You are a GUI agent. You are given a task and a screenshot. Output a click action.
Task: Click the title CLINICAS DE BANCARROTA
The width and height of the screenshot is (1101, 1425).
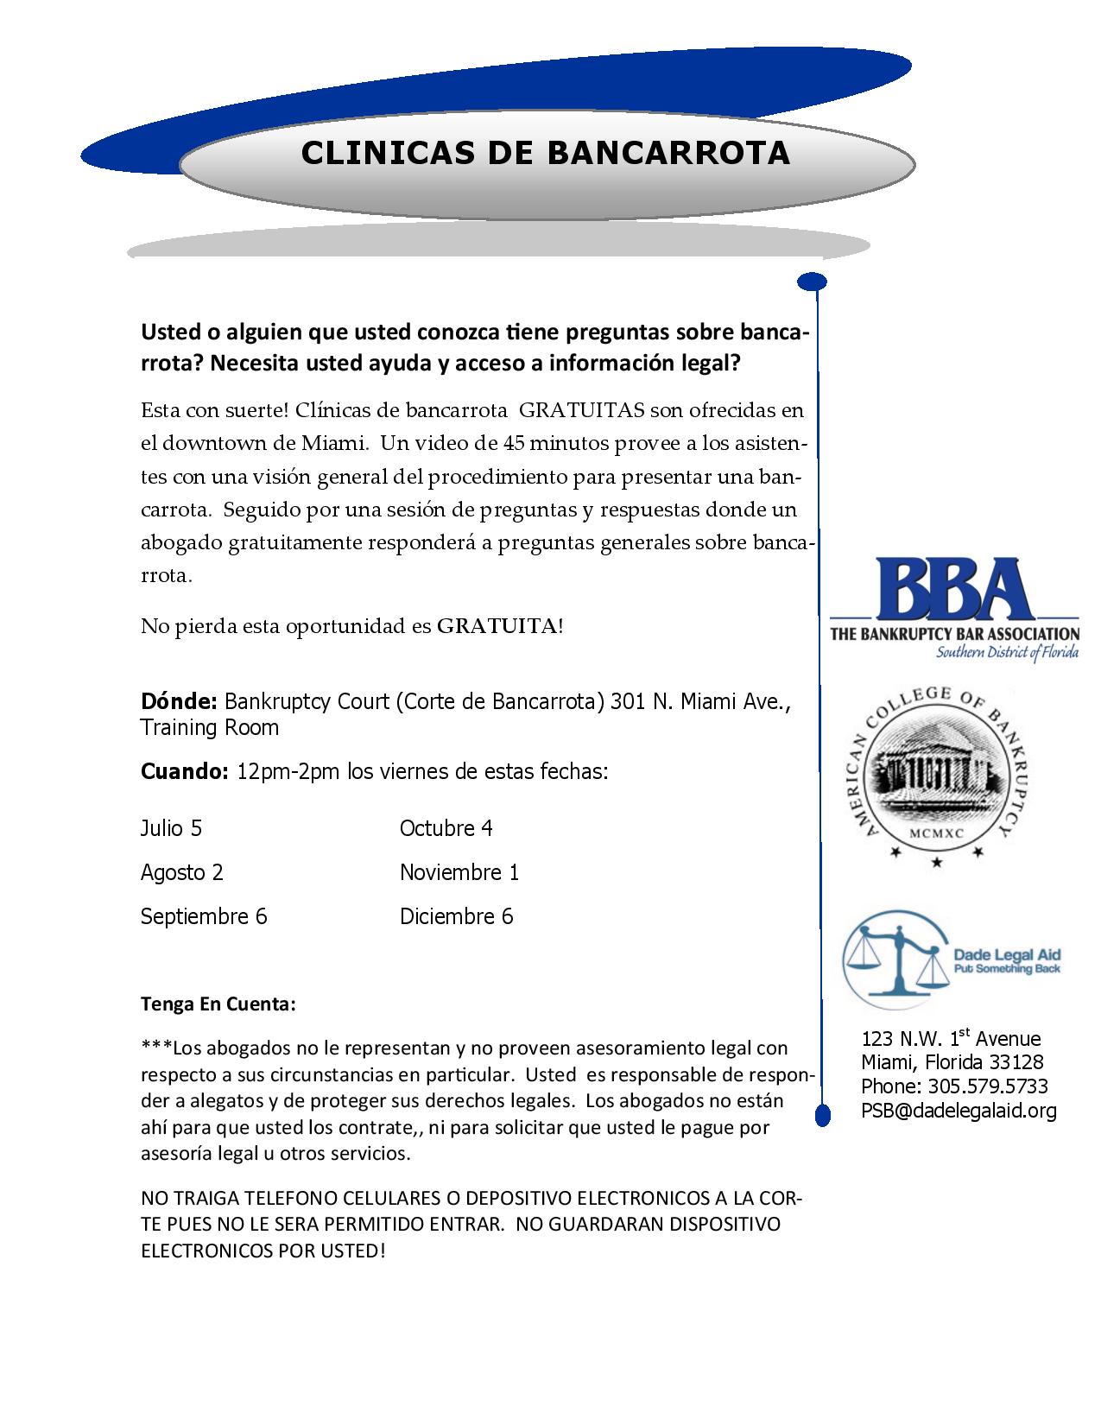coord(546,153)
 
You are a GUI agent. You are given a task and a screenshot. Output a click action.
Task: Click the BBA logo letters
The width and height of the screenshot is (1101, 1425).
coord(954,589)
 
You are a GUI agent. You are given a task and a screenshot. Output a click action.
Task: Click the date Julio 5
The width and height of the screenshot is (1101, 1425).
coord(171,828)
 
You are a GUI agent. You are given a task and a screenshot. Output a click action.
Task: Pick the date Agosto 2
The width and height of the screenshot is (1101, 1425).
coord(181,872)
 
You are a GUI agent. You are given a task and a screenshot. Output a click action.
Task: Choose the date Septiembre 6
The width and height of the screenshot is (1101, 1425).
coord(204,916)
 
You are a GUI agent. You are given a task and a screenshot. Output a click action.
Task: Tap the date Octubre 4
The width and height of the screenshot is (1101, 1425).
coord(446,828)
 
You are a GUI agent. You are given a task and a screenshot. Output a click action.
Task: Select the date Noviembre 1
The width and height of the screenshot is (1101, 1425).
coord(459,872)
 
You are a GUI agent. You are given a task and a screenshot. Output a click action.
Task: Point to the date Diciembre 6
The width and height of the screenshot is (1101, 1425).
coord(456,916)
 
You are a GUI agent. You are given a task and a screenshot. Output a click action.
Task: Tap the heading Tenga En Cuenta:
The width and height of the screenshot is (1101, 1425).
coord(218,1005)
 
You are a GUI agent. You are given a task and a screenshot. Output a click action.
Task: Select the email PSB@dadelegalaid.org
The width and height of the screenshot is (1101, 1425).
coord(959,1111)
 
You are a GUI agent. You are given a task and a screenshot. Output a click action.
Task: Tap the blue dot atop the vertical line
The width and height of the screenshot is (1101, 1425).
coord(813,282)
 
